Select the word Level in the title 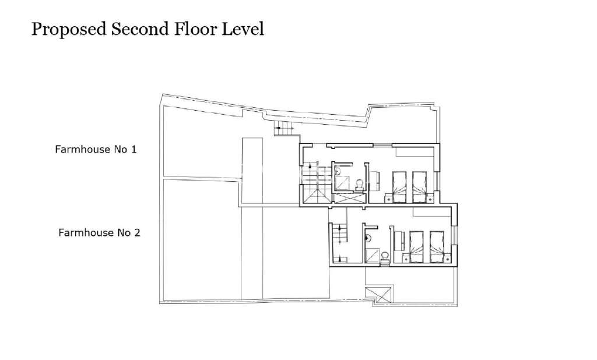click(x=243, y=29)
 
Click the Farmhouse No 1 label click(x=96, y=149)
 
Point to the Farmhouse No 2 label click(x=99, y=233)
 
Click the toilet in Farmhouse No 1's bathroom click(x=359, y=185)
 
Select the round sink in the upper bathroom click(x=339, y=171)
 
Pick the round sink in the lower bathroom click(x=368, y=237)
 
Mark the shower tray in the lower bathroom click(x=371, y=255)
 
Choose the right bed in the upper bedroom click(x=420, y=185)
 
